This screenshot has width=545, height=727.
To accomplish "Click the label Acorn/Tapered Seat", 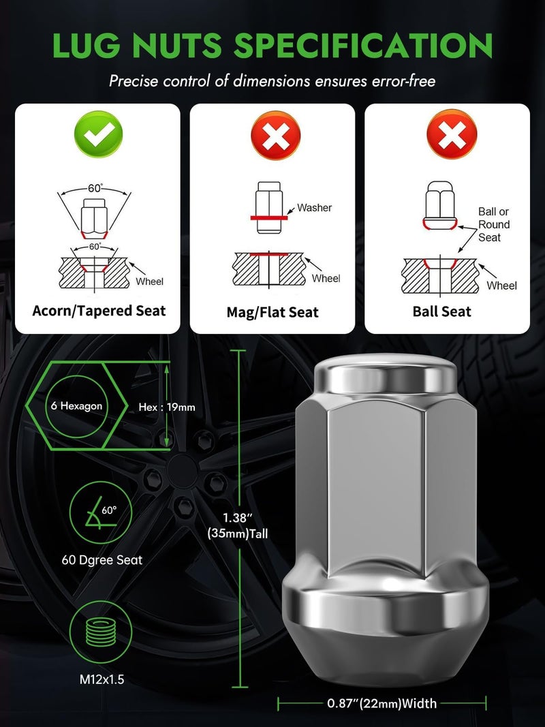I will [x=99, y=310].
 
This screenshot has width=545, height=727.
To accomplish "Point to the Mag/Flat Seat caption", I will [x=272, y=312].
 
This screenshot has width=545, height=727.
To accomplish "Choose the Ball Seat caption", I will [x=441, y=311].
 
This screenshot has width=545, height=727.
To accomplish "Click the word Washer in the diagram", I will [x=314, y=208].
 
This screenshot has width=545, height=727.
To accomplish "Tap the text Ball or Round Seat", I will [x=493, y=224].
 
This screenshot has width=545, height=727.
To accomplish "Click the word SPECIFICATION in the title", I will [x=363, y=46].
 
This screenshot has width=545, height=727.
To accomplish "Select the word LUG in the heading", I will [x=87, y=46].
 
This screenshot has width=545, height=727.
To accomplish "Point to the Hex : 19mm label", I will [x=167, y=407].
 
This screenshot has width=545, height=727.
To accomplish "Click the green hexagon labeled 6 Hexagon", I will [x=76, y=406].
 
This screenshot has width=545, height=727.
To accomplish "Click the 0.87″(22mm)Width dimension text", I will [x=381, y=702].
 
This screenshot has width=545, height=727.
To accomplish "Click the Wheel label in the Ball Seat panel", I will [x=501, y=285].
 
